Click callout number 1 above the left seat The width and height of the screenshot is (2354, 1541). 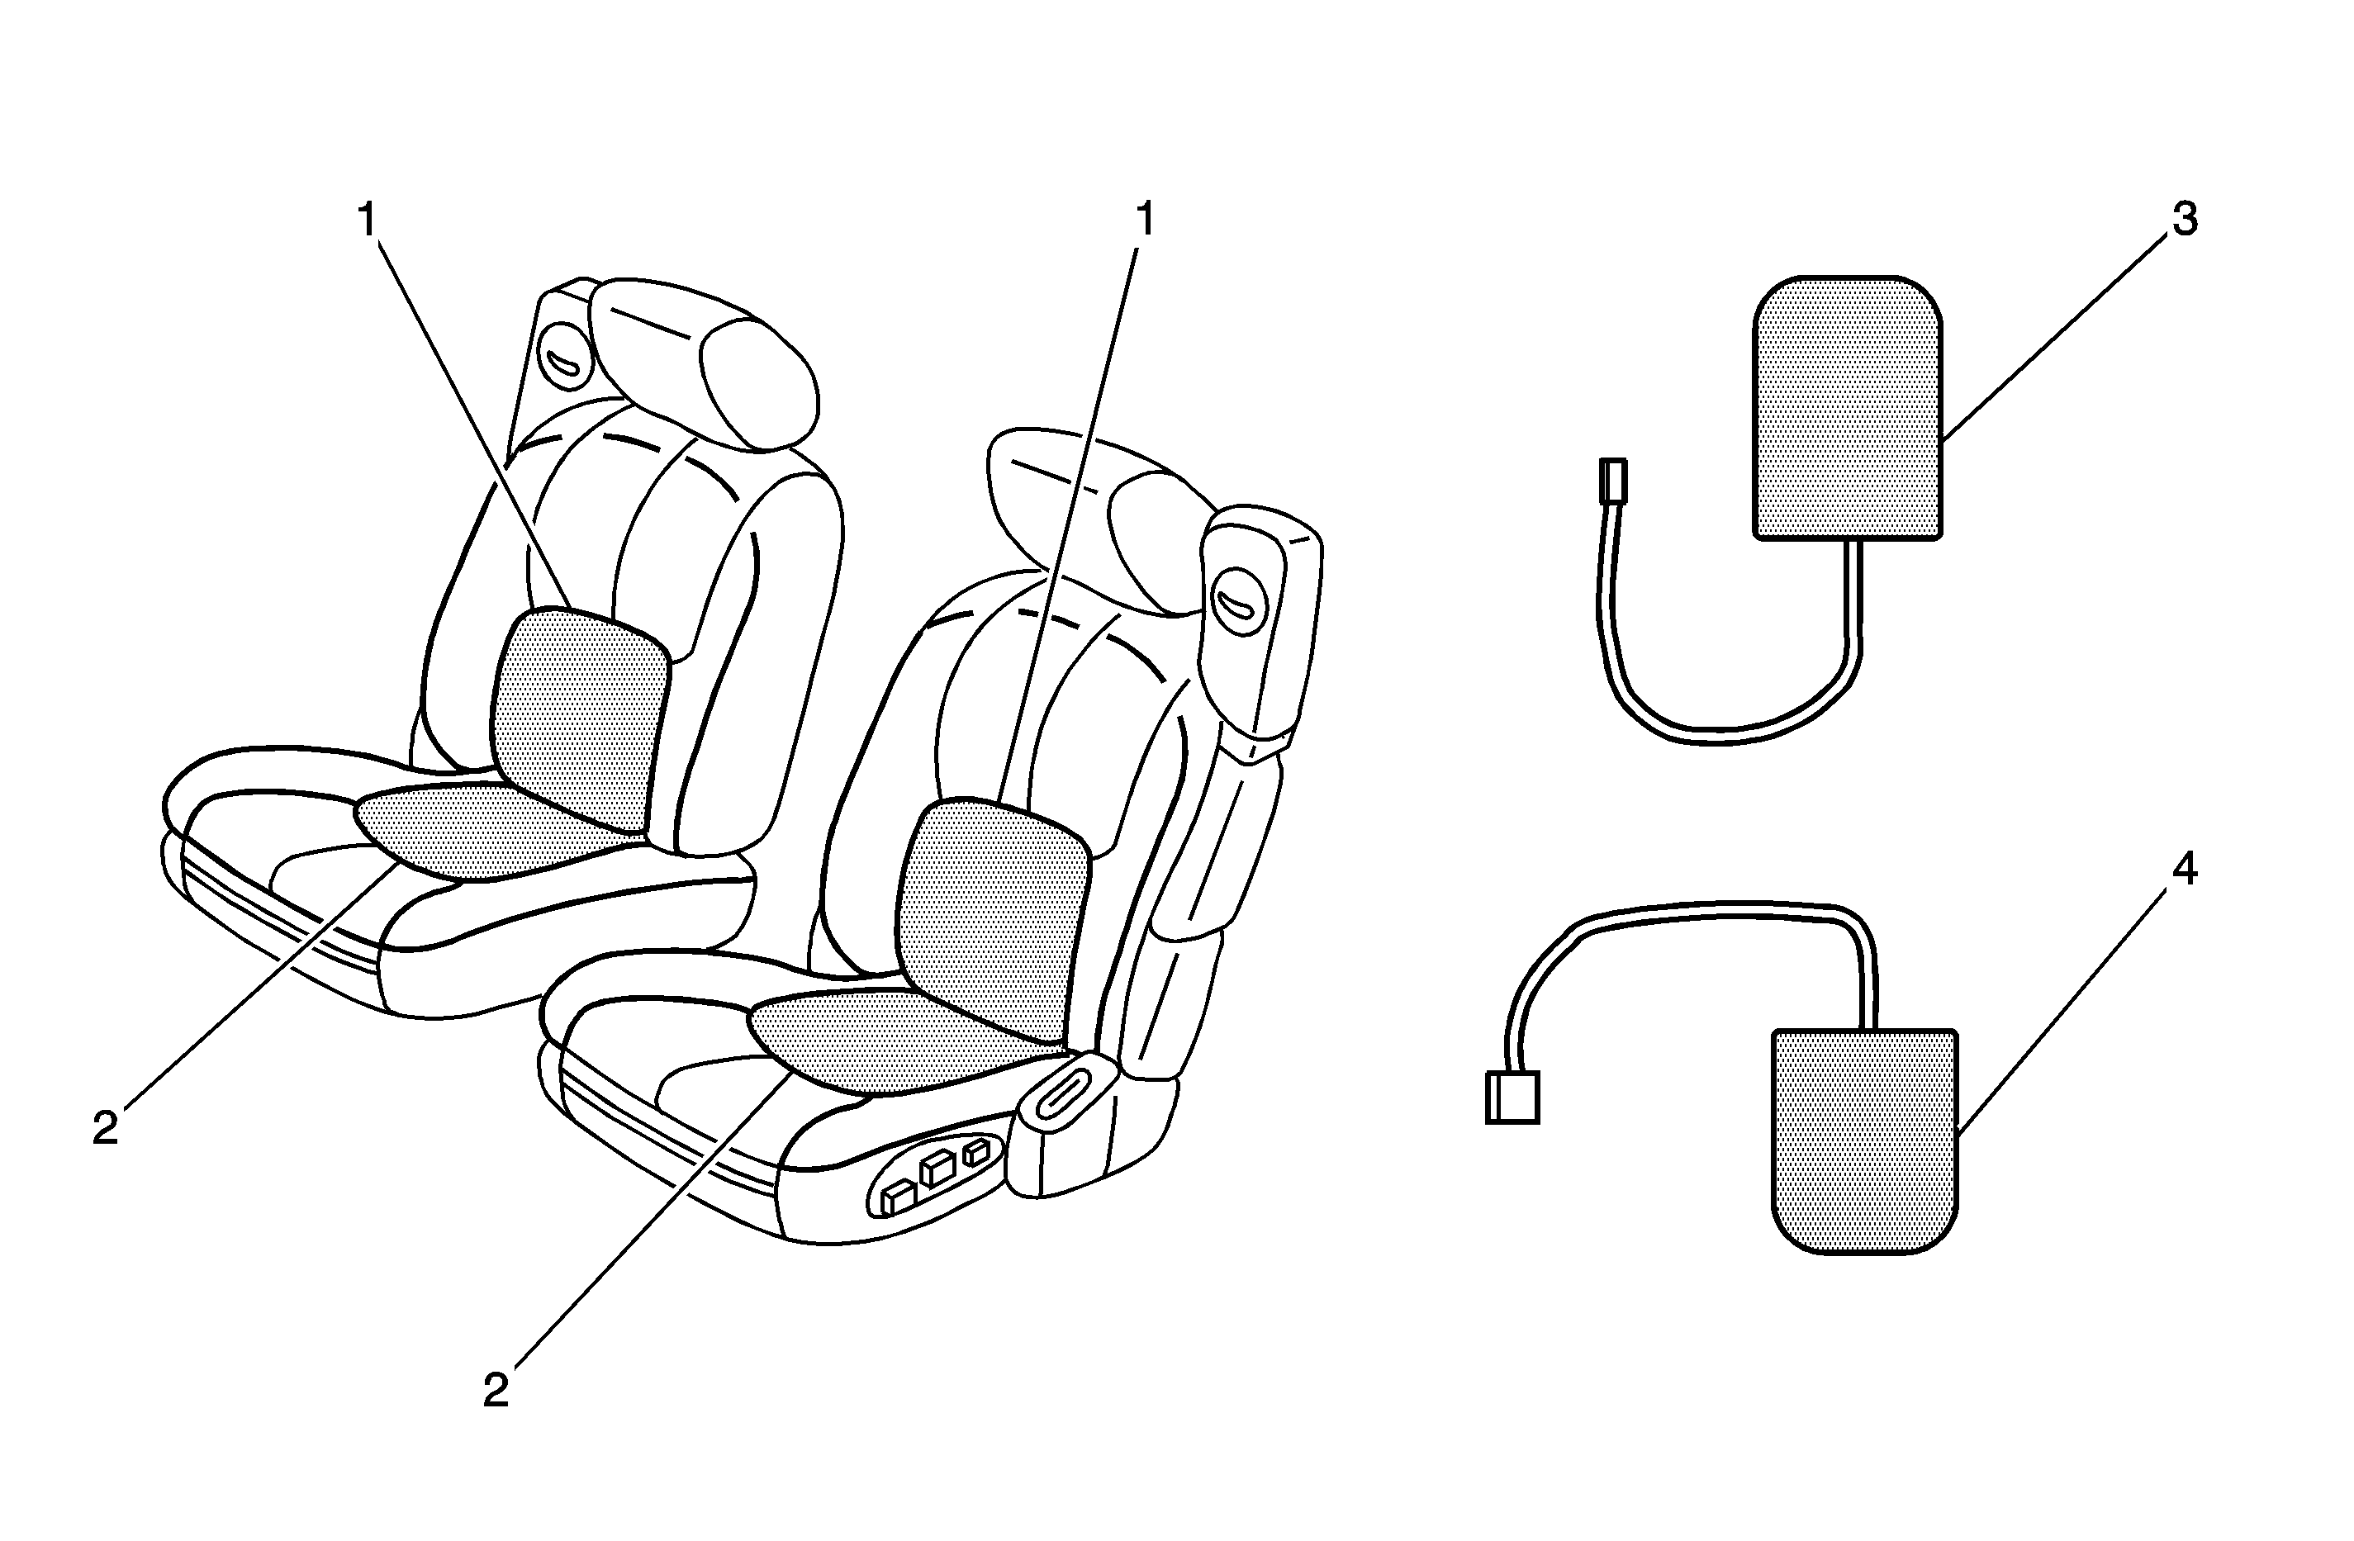point(368,220)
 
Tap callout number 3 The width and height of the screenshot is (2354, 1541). point(2184,219)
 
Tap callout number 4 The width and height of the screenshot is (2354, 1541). point(2184,869)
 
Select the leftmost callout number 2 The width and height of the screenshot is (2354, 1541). point(106,1129)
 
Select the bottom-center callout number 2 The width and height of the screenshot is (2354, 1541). point(496,1391)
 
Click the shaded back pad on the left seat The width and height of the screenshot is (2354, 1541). point(581,719)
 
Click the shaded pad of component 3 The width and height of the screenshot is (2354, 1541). point(1848,407)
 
